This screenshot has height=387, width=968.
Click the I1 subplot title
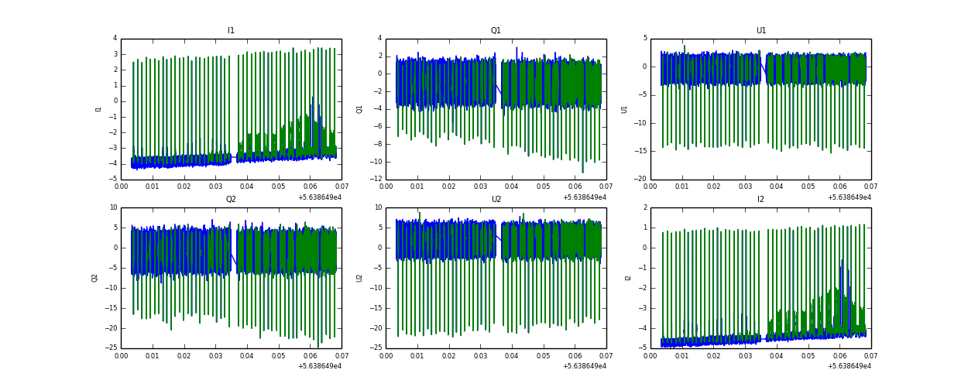coord(231,31)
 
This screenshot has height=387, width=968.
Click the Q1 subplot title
coord(496,31)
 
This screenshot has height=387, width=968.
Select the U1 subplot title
coord(760,31)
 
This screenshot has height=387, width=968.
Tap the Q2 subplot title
coord(231,200)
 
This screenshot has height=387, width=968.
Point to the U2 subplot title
coord(496,200)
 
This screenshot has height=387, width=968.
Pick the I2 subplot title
coord(760,200)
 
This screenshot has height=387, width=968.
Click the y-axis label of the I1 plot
coord(98,109)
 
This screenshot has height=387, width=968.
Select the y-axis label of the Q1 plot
coord(359,109)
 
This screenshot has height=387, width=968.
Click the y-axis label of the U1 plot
coord(624,109)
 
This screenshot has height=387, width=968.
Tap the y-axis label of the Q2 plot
coord(94,278)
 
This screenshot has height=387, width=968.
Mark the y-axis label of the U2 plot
coord(359,278)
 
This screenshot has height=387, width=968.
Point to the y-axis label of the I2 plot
coord(628,278)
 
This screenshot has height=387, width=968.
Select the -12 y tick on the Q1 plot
coord(375,180)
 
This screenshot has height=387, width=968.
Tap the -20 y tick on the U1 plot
coord(640,180)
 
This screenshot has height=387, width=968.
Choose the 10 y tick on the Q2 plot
coord(113,207)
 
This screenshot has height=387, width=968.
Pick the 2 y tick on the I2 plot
coord(644,207)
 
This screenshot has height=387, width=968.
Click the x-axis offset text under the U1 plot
coord(849,197)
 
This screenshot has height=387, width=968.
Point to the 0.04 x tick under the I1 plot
coord(246,187)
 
